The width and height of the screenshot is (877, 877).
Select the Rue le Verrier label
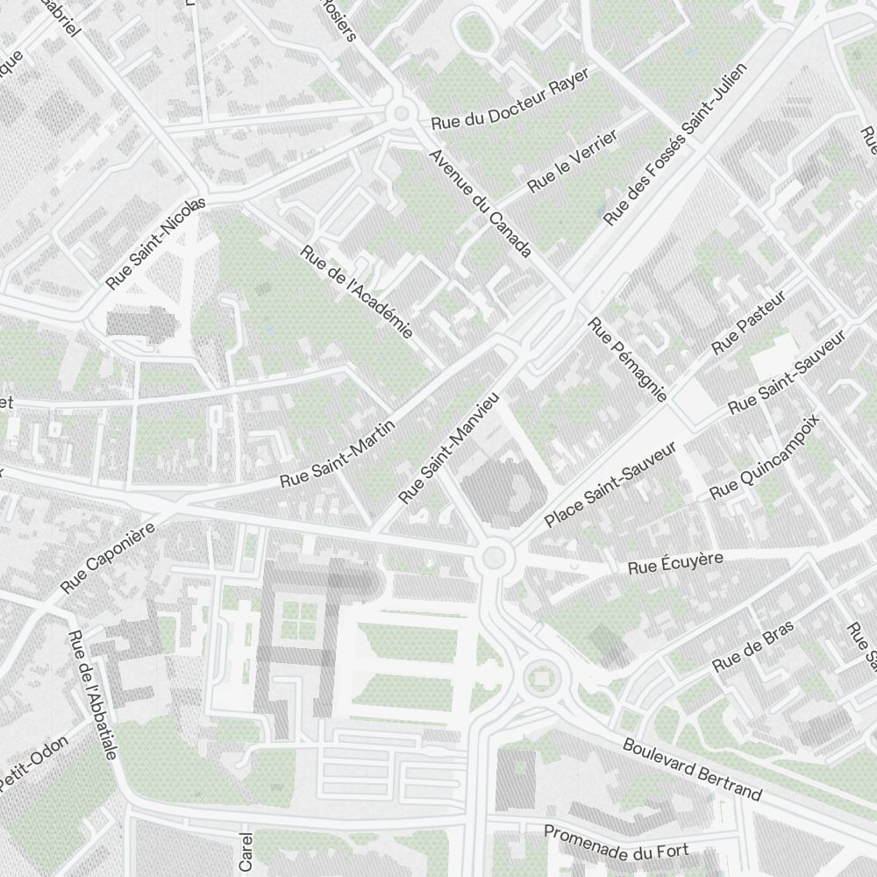point(573,161)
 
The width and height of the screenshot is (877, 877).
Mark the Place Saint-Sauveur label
point(610,484)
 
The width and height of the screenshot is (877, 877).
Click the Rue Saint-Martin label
point(338,454)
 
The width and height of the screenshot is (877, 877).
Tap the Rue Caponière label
point(108,558)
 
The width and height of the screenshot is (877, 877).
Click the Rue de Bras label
point(752,646)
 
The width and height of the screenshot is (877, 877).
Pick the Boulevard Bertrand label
point(692,769)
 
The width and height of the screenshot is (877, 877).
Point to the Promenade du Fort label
point(617,841)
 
